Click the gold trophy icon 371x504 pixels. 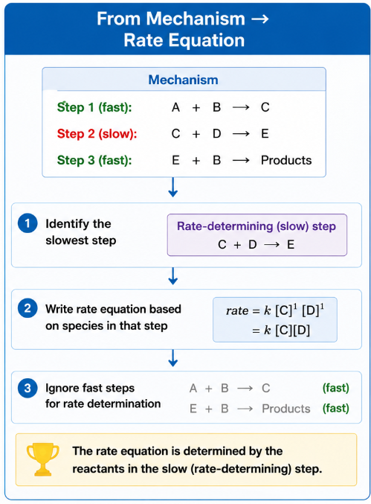[42, 459]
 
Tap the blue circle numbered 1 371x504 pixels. [28, 223]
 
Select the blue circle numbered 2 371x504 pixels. [28, 308]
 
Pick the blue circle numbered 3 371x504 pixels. [28, 388]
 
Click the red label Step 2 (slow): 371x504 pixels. [97, 134]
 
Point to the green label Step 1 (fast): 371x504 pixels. [94, 107]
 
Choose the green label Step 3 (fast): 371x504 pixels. [94, 160]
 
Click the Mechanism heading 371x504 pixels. [183, 80]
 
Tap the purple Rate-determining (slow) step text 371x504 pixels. [257, 226]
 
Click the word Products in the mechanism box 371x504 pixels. [286, 160]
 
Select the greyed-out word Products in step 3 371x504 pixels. [286, 409]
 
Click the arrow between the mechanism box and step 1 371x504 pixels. [173, 187]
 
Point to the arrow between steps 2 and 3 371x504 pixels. [173, 358]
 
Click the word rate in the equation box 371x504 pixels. [237, 311]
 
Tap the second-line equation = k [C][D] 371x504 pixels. [281, 331]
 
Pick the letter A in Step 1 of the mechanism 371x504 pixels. [175, 107]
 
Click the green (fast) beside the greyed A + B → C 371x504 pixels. [336, 388]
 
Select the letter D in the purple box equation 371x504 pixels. [253, 245]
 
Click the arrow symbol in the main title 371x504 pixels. [260, 19]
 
